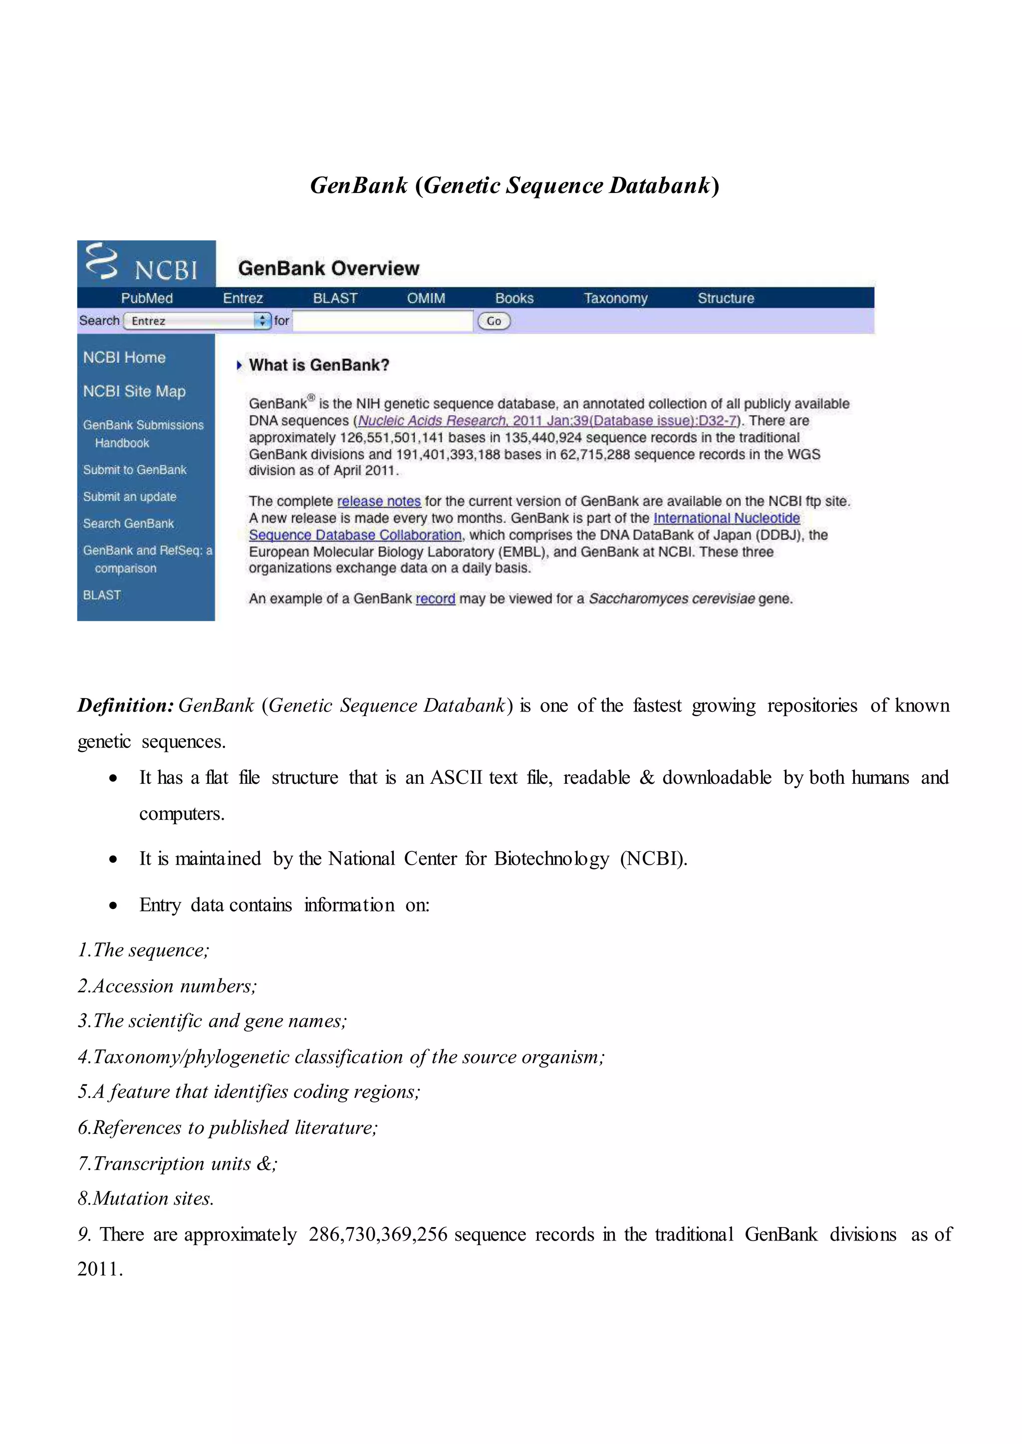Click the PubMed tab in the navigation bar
click(147, 298)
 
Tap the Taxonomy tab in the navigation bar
click(615, 298)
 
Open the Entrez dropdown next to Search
click(198, 321)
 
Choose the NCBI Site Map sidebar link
click(134, 391)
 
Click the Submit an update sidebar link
click(130, 497)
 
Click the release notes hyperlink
click(379, 501)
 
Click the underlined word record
click(436, 599)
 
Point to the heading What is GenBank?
click(318, 365)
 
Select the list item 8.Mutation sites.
click(146, 1199)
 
